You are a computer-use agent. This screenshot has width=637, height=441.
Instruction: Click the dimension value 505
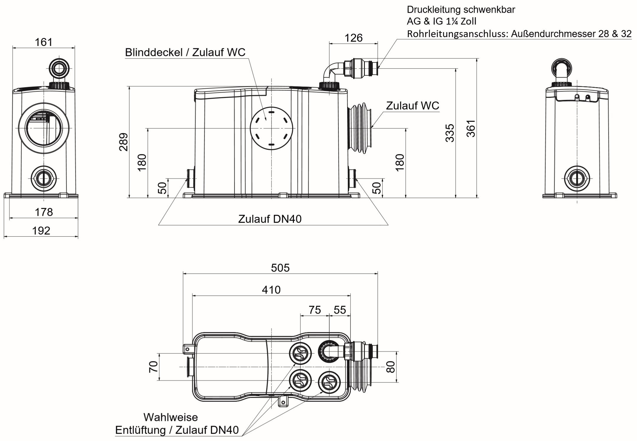tap(280, 268)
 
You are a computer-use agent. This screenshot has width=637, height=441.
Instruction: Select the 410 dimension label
tap(271, 290)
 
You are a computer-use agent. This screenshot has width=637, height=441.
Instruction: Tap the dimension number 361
tap(471, 128)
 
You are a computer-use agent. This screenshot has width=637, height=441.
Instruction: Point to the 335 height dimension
tap(450, 133)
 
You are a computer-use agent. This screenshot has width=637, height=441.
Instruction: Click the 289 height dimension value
tap(123, 142)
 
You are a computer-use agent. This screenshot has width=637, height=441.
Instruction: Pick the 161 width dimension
tap(44, 42)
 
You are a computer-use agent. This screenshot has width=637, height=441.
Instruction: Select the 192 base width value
tap(41, 231)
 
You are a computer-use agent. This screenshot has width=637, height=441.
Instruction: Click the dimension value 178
tap(44, 212)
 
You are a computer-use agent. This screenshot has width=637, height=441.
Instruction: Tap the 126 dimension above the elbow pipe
tap(353, 38)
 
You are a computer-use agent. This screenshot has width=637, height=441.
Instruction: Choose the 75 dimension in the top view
tap(314, 310)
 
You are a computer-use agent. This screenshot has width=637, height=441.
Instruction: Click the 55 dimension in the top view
tap(340, 310)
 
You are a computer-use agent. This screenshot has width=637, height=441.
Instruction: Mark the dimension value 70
tap(153, 367)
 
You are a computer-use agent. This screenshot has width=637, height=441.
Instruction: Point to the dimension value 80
tap(391, 367)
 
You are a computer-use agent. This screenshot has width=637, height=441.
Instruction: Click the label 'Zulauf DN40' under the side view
tap(270, 219)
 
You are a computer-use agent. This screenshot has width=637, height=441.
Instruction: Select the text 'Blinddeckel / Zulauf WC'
tap(185, 52)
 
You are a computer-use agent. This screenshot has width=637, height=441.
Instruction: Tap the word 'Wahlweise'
tap(171, 417)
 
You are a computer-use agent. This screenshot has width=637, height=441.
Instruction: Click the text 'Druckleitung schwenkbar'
tap(461, 9)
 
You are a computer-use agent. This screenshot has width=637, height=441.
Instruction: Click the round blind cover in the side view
tap(272, 128)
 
